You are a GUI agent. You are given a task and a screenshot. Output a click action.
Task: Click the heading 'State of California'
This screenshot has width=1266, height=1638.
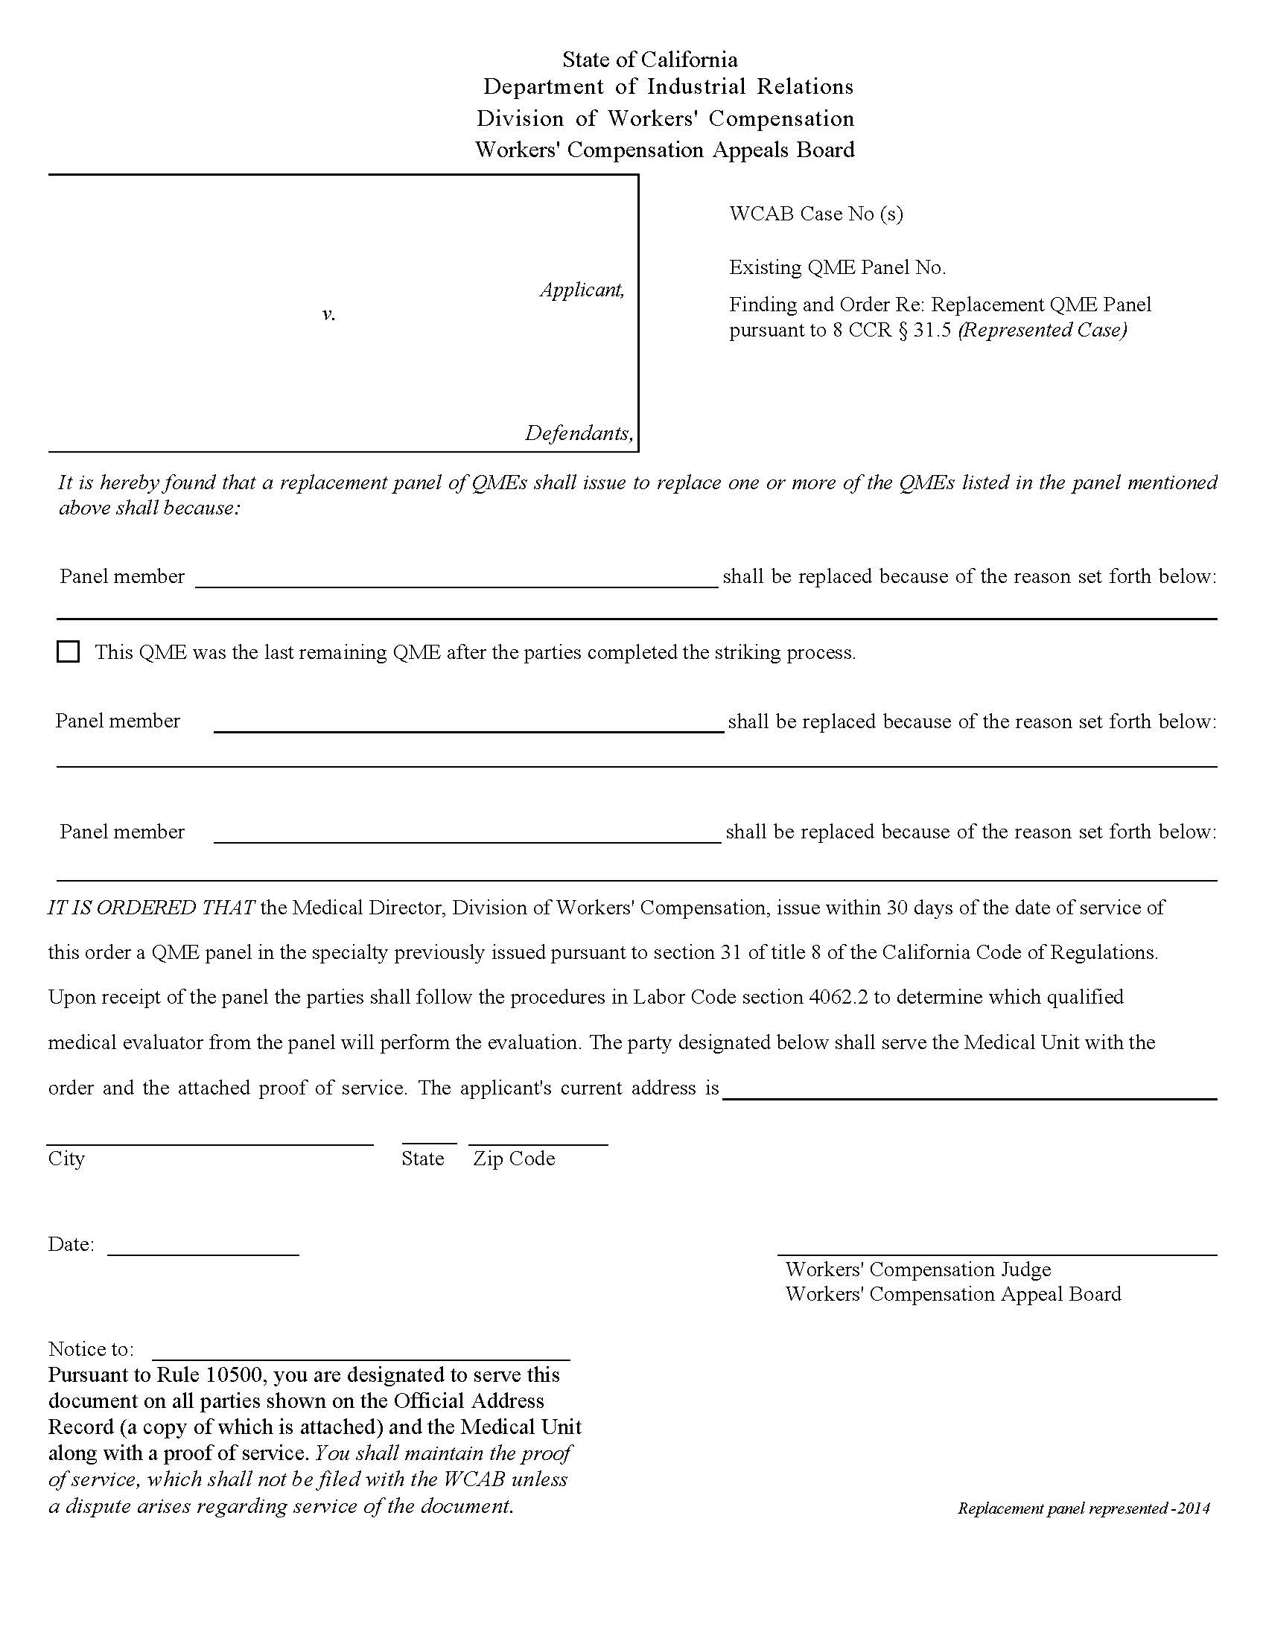point(649,60)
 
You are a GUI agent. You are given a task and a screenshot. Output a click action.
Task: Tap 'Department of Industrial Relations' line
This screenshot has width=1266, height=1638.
point(667,87)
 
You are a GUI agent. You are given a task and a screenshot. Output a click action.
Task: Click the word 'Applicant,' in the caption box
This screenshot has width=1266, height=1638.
point(582,290)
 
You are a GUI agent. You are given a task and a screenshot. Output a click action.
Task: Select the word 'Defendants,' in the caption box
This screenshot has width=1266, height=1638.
point(578,433)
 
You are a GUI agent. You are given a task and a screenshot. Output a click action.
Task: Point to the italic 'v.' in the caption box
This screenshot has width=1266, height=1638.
point(328,314)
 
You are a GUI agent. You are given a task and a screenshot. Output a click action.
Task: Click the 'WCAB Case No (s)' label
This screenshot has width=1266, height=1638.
point(816,214)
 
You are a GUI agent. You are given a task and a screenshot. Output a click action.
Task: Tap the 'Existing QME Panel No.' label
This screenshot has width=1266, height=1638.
point(837,268)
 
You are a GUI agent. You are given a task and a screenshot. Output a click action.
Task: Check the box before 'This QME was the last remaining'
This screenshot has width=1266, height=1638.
point(69,651)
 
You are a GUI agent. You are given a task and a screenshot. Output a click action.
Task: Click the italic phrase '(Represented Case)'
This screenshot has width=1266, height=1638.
point(1043,330)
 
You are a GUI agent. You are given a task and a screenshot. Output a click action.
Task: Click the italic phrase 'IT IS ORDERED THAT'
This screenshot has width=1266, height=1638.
point(151,908)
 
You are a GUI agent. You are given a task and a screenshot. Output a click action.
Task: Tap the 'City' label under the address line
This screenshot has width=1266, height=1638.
point(66,1159)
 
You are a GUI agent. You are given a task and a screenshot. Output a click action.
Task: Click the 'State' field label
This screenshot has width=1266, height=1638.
point(422,1159)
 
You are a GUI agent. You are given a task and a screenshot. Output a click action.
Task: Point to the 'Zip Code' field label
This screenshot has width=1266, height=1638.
point(514,1159)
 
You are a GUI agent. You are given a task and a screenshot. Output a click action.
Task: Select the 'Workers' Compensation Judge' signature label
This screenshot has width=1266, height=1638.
point(917,1269)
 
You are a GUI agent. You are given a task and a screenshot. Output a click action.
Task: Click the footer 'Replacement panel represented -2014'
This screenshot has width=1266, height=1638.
point(1083,1508)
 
